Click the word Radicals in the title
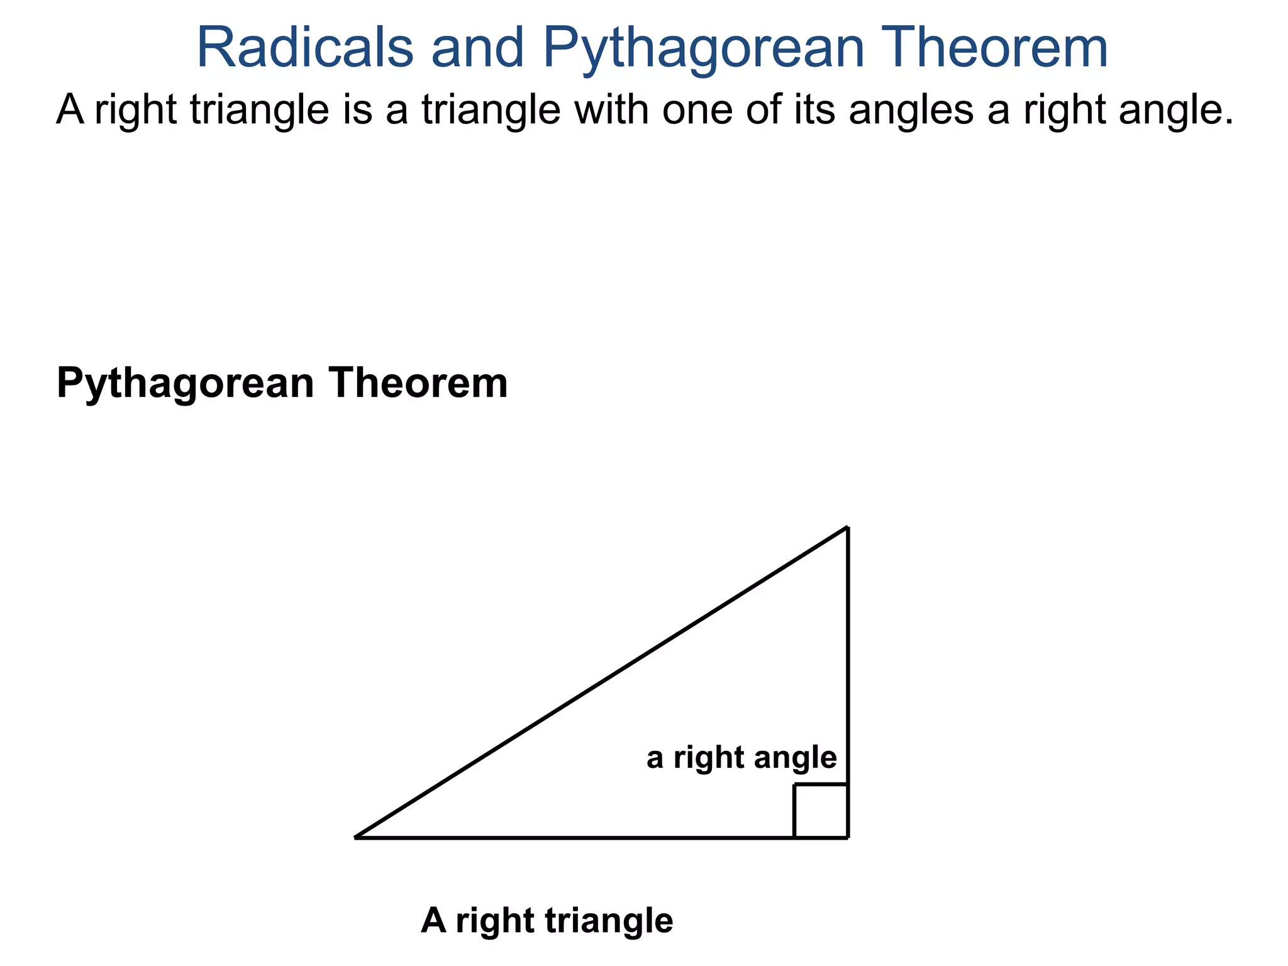305,48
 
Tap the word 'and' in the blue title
477,48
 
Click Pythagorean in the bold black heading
185,384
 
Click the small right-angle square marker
821,811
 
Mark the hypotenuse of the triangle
601,683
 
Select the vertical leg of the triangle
848,654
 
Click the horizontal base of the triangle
566,837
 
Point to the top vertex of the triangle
848,528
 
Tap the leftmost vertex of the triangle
357,837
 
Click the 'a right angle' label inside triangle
741,758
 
